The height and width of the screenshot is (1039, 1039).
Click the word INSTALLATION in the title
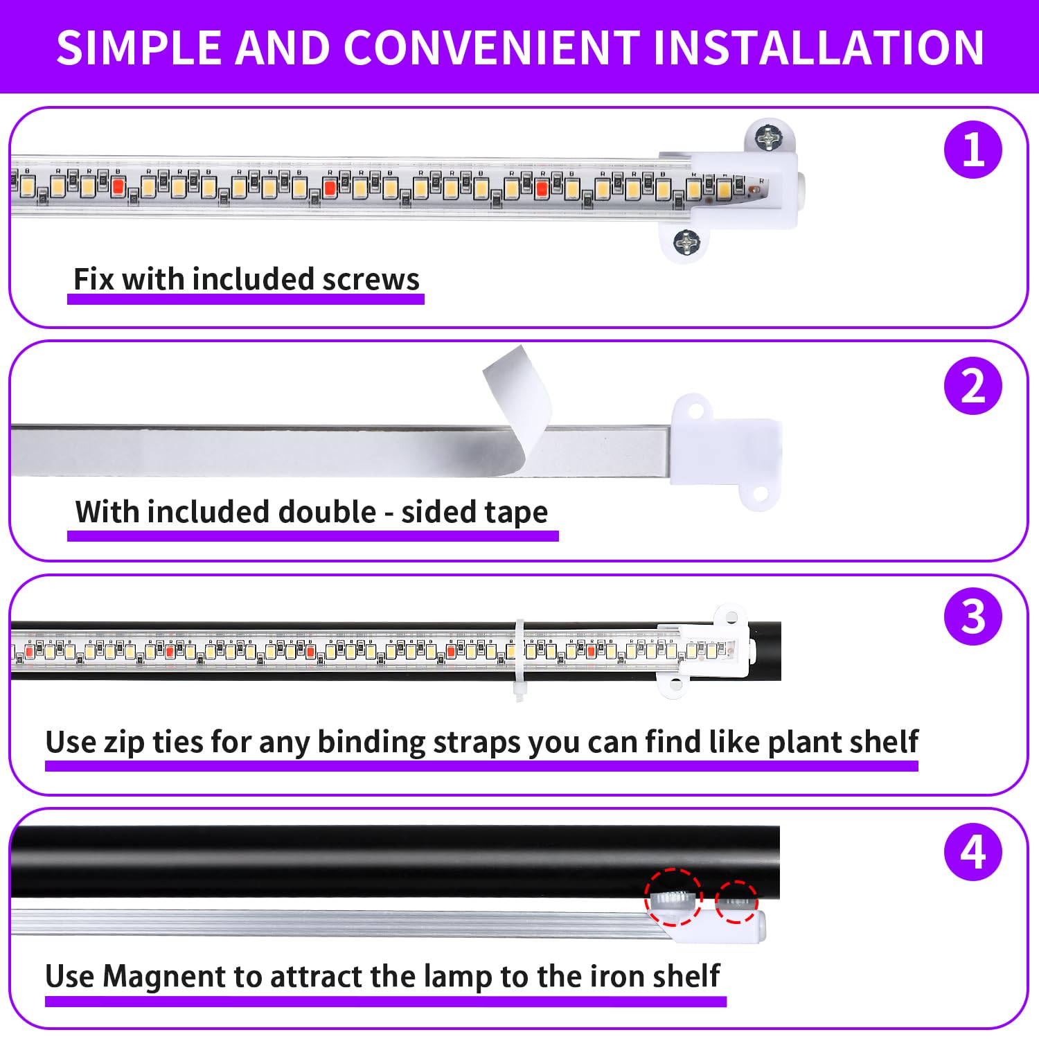[818, 48]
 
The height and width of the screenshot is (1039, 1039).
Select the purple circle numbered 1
[973, 150]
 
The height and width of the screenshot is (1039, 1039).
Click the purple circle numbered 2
[973, 386]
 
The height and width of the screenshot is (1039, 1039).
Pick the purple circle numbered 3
[973, 616]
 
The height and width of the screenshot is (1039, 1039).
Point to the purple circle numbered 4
[973, 852]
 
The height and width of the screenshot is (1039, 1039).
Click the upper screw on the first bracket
[767, 139]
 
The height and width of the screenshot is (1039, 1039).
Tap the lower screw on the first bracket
[686, 242]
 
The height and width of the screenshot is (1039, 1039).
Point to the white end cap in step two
[727, 450]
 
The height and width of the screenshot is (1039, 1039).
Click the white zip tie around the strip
[519, 658]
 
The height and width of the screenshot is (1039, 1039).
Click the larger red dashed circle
[673, 897]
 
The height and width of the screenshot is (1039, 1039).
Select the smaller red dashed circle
[736, 902]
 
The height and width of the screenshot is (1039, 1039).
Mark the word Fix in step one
[94, 280]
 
